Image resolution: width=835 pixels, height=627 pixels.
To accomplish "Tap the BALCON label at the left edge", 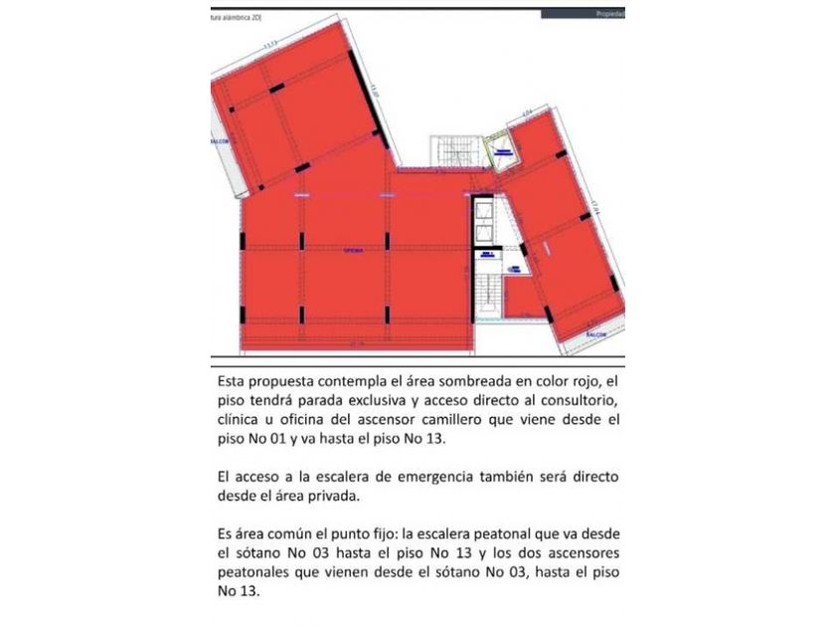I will pyautogui.click(x=220, y=141).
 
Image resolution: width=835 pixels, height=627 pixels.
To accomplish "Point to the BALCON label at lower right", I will pyautogui.click(x=596, y=334).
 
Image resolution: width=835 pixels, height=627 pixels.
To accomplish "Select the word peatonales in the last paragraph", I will pyautogui.click(x=259, y=572).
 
